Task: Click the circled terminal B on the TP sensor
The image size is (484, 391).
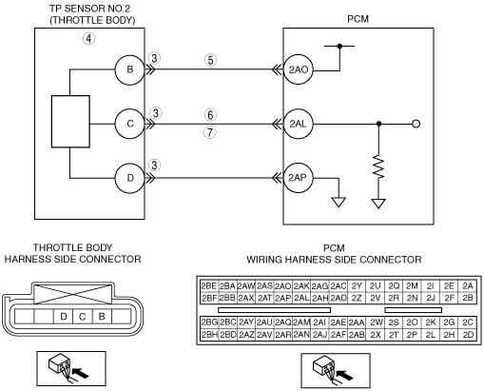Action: coord(129,69)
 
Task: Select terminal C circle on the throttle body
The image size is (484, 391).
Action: coord(129,124)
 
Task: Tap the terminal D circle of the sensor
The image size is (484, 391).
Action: coord(129,178)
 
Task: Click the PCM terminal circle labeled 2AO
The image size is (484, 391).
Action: coord(298,69)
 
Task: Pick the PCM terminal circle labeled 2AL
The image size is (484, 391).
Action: coord(298,124)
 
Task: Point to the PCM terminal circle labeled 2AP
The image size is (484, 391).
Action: coord(298,178)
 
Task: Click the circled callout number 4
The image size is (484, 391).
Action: coord(88,39)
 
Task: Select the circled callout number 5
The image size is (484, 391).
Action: coord(210,60)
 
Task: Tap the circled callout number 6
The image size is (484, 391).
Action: coord(210,115)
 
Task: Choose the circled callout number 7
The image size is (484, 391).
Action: coord(210,132)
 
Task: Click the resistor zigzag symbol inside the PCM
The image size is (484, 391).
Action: coord(378,166)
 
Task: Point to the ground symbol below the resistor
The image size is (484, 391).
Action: coord(378,204)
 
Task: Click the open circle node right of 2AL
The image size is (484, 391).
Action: coord(416,124)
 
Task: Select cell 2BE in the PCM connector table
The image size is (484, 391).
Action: coord(209,286)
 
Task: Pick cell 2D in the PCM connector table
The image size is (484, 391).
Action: coord(468,335)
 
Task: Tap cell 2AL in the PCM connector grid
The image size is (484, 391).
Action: coord(301,298)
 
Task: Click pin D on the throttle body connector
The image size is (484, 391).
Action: coord(64,317)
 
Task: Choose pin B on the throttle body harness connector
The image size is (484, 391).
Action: coord(102,317)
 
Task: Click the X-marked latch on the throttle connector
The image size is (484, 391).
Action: coord(73,294)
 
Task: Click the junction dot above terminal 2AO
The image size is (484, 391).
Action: coord(339,46)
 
